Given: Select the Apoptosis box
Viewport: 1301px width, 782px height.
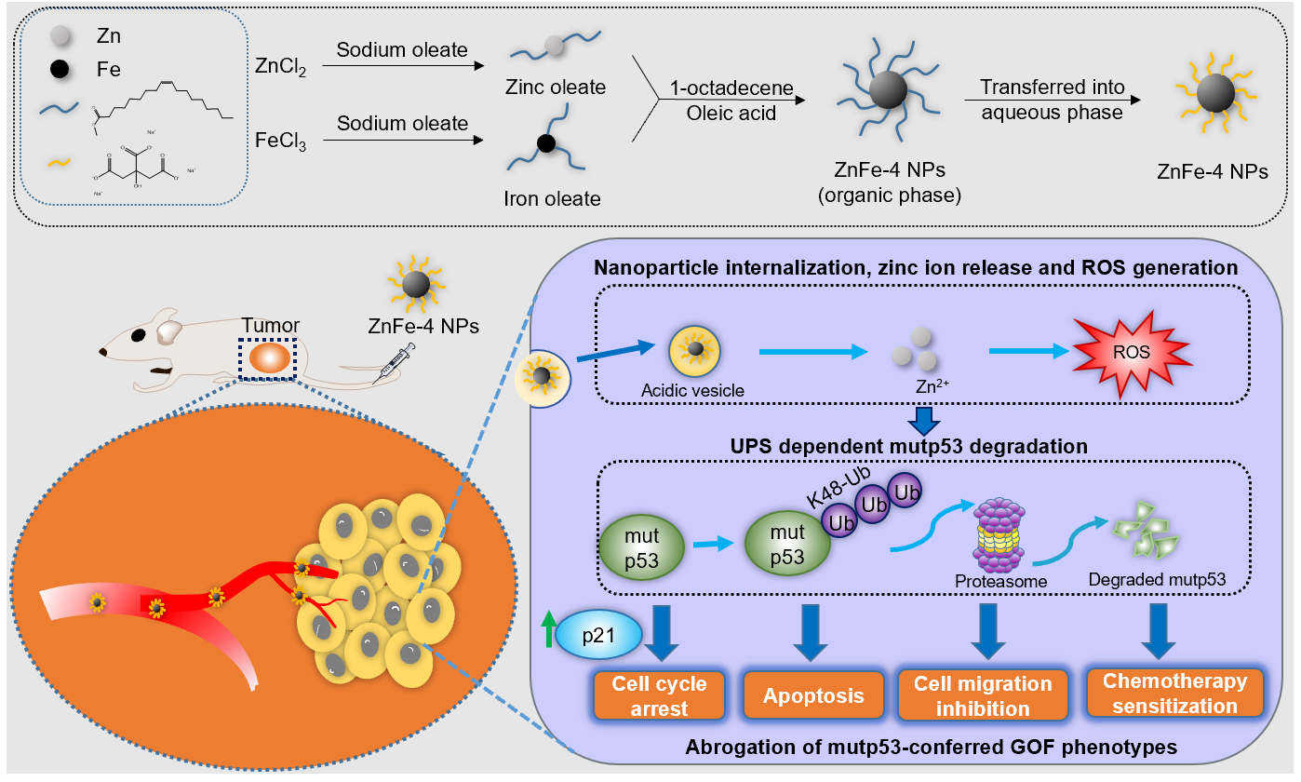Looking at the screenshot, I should [813, 695].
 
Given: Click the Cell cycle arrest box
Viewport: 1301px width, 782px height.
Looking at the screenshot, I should [659, 695].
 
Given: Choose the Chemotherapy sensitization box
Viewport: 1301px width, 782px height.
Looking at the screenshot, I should [1174, 694].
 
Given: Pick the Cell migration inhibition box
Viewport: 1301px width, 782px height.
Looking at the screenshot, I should [982, 695].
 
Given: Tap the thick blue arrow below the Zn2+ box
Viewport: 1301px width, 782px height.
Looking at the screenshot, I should [923, 421].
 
